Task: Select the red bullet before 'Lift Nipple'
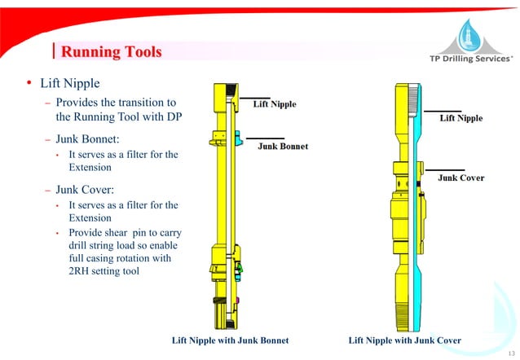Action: pos(28,85)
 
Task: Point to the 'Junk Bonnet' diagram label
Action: pos(283,147)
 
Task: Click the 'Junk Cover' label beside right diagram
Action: pos(461,178)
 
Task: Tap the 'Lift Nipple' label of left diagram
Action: pos(275,104)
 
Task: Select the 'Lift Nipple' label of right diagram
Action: pos(461,118)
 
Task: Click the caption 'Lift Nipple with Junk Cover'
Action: pos(404,340)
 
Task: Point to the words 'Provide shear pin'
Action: pos(107,232)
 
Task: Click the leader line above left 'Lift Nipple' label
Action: pos(255,98)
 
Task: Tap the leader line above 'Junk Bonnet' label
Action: pos(265,138)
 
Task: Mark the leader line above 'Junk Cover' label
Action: pos(441,162)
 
